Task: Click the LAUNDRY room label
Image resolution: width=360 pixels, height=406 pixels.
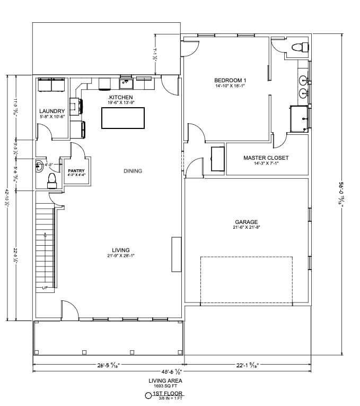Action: pyautogui.click(x=52, y=111)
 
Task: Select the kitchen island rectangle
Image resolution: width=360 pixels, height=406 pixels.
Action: pyautogui.click(x=123, y=118)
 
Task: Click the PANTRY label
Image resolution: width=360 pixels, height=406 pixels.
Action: pyautogui.click(x=76, y=170)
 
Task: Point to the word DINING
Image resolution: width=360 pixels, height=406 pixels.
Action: pyautogui.click(x=133, y=171)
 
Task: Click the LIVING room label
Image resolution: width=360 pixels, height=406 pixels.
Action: pyautogui.click(x=121, y=250)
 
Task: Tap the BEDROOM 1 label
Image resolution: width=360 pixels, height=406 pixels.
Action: pyautogui.click(x=231, y=80)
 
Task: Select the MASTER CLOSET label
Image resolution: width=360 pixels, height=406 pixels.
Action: pyautogui.click(x=266, y=158)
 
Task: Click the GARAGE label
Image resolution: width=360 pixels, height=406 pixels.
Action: pyautogui.click(x=247, y=222)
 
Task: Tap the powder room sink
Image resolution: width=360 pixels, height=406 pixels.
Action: pyautogui.click(x=40, y=165)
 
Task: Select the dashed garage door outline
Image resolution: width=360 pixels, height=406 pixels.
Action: pyautogui.click(x=247, y=280)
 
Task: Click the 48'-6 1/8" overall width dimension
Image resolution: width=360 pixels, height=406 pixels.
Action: pyautogui.click(x=168, y=372)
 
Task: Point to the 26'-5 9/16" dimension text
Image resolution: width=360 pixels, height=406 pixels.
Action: pyautogui.click(x=108, y=365)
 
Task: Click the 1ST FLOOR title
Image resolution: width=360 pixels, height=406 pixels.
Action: pyautogui.click(x=168, y=394)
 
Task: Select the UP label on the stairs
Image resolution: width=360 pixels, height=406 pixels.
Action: pyautogui.click(x=45, y=288)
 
